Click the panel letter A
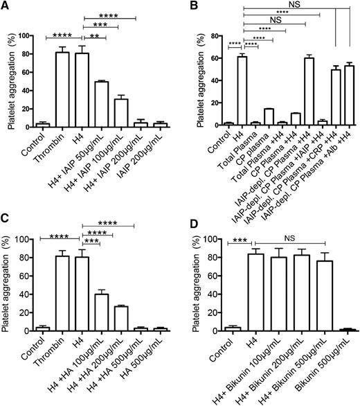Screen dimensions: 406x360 (6, 6)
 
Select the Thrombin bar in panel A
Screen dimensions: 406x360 (62, 89)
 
